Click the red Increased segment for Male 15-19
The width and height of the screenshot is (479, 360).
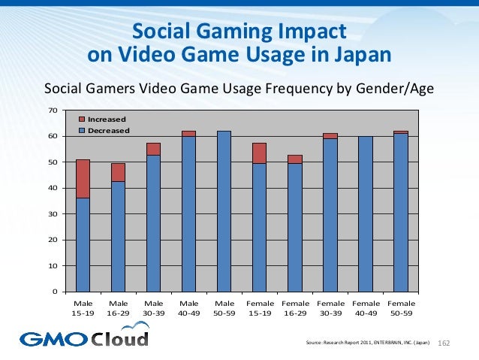pos(83,178)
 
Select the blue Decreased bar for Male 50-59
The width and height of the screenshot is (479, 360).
pos(224,211)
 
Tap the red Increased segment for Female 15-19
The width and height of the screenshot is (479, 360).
pos(259,153)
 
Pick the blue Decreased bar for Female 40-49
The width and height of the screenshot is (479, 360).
pos(366,213)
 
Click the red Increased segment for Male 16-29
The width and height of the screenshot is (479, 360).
pos(118,172)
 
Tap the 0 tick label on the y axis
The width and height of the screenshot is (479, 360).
pos(54,292)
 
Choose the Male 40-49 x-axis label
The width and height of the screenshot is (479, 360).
pos(188,307)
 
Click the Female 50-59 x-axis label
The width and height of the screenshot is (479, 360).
pos(401,307)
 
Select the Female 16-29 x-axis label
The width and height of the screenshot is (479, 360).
pos(294,307)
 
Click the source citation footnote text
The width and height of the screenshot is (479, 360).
pos(368,343)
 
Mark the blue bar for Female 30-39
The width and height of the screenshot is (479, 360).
pos(330,215)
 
